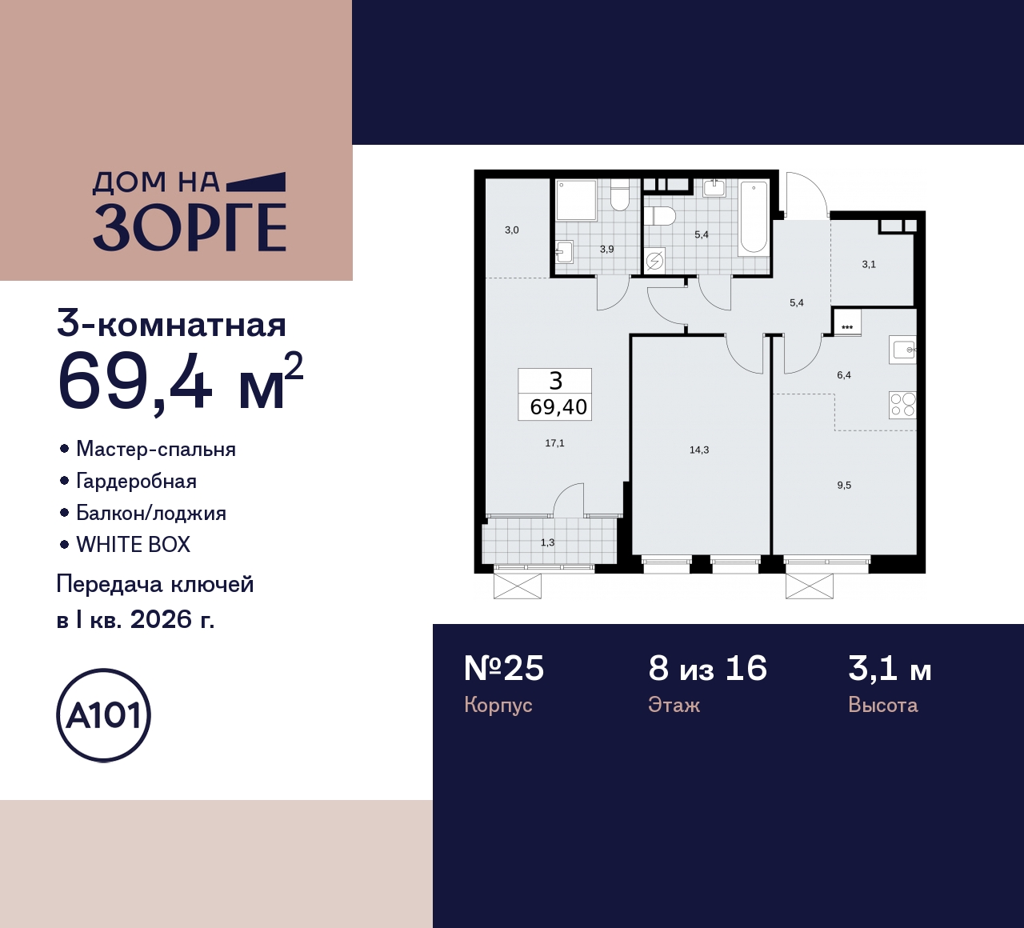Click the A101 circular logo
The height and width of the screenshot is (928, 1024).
(104, 715)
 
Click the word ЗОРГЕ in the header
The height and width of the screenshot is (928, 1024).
(190, 228)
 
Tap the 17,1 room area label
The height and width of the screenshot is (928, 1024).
(554, 443)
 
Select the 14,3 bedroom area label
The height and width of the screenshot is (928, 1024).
(698, 450)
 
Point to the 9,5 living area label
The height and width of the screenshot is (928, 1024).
(844, 486)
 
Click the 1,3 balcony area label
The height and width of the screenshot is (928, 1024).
(547, 542)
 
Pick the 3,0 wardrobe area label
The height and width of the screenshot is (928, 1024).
(511, 230)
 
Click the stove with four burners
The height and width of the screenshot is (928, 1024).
(902, 405)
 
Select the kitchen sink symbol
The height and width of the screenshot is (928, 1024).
(903, 350)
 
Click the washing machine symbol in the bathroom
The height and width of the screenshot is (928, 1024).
(655, 261)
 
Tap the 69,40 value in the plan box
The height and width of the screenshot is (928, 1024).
(558, 407)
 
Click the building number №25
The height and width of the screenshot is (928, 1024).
(504, 669)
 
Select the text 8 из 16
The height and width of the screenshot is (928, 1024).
(707, 669)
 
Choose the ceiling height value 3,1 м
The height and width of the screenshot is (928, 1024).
(890, 669)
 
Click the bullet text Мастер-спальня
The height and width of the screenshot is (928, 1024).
(156, 450)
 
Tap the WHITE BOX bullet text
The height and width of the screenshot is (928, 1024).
(134, 545)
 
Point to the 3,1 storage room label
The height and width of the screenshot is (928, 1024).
(869, 265)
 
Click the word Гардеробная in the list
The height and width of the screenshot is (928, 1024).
(136, 482)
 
